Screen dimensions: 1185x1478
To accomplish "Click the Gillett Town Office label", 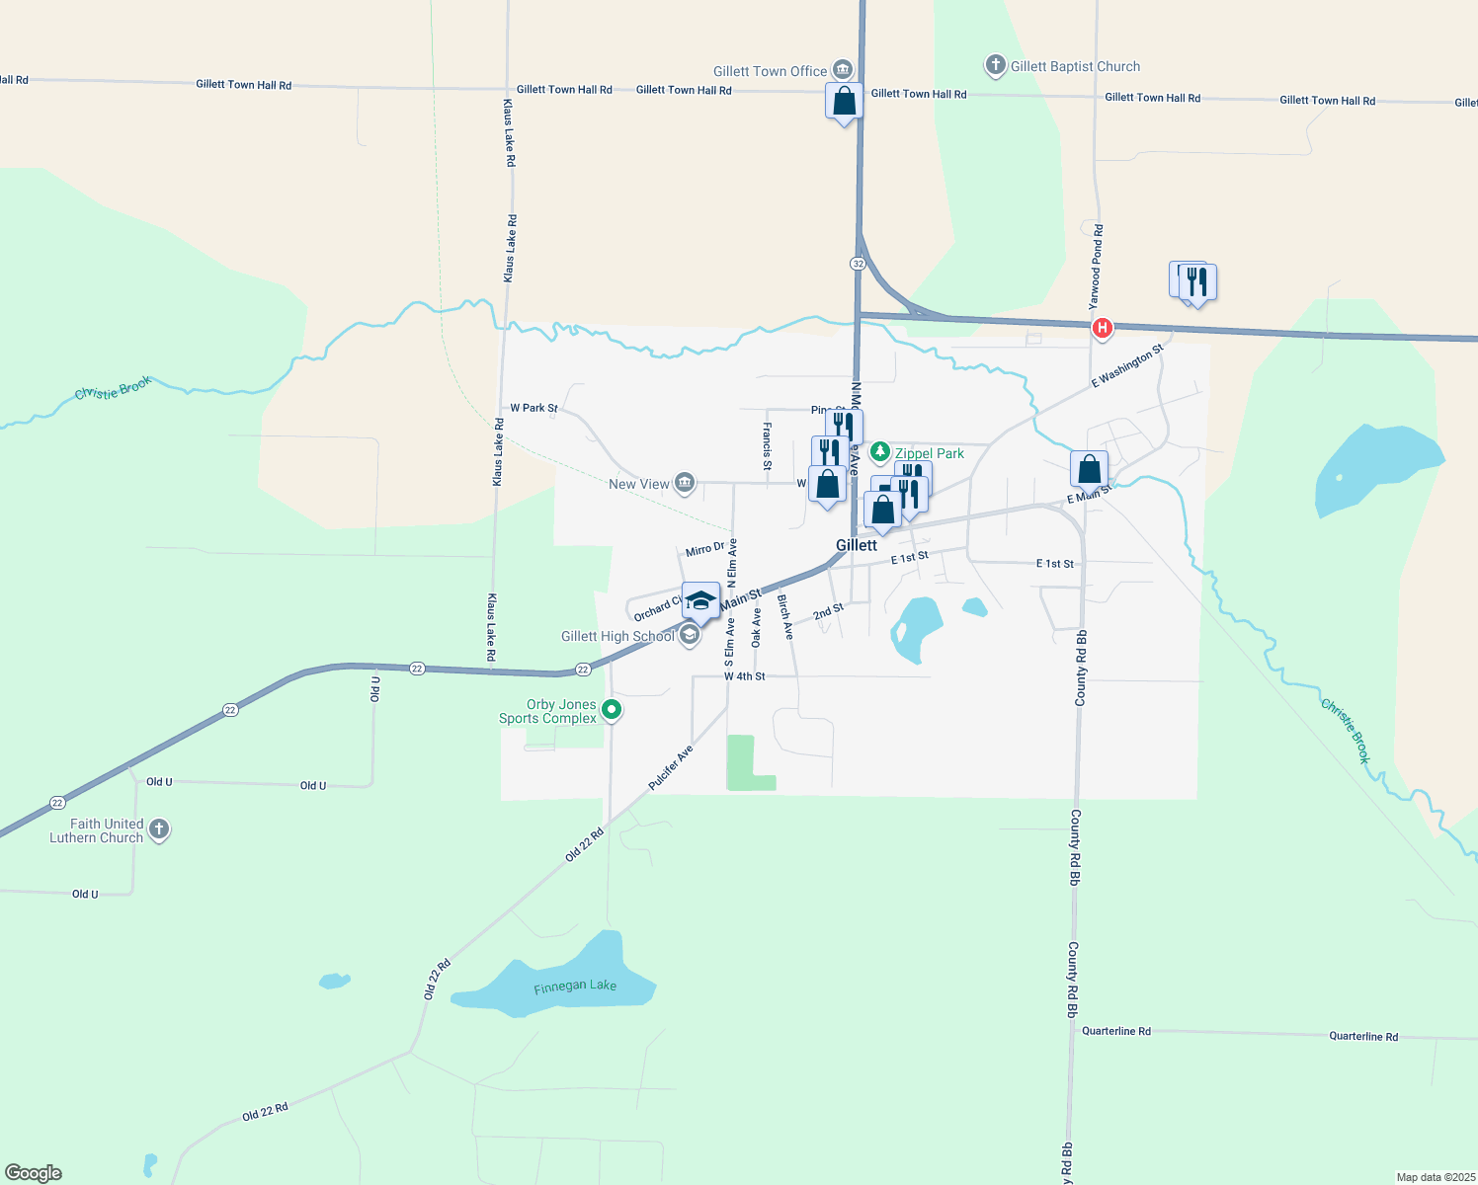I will pyautogui.click(x=770, y=71).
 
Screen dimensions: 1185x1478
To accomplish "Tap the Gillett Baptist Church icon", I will pyautogui.click(x=995, y=66).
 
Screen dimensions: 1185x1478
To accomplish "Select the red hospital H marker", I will pyautogui.click(x=1102, y=328).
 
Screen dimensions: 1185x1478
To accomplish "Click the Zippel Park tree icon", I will pyautogui.click(x=880, y=452).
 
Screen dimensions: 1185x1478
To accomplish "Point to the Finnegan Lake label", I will pyautogui.click(x=575, y=987).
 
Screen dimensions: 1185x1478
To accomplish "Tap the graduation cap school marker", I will pyautogui.click(x=700, y=601).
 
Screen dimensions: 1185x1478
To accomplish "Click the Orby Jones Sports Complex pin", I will pyautogui.click(x=612, y=709).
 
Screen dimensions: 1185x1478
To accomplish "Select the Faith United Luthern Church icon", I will pyautogui.click(x=159, y=829).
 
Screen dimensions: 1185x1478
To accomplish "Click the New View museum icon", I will pyautogui.click(x=685, y=484).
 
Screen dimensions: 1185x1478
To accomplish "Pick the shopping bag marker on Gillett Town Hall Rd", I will pyautogui.click(x=844, y=102).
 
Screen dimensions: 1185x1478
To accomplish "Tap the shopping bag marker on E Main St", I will pyautogui.click(x=1089, y=470).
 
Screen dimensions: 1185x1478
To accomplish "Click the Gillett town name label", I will pyautogui.click(x=856, y=545).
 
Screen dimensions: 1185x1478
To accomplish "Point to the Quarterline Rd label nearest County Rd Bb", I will pyautogui.click(x=1115, y=1031).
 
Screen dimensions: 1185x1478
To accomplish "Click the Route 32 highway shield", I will pyautogui.click(x=858, y=264).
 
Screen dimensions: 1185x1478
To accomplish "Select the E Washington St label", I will pyautogui.click(x=1127, y=365).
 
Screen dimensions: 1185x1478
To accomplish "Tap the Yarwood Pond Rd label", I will pyautogui.click(x=1097, y=266).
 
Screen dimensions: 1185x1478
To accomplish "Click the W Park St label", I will pyautogui.click(x=534, y=408).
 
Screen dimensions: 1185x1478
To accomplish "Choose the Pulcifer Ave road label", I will pyautogui.click(x=671, y=767).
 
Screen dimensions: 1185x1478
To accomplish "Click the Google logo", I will pyautogui.click(x=34, y=1173).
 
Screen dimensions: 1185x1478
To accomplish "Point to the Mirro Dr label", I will pyautogui.click(x=705, y=549).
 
